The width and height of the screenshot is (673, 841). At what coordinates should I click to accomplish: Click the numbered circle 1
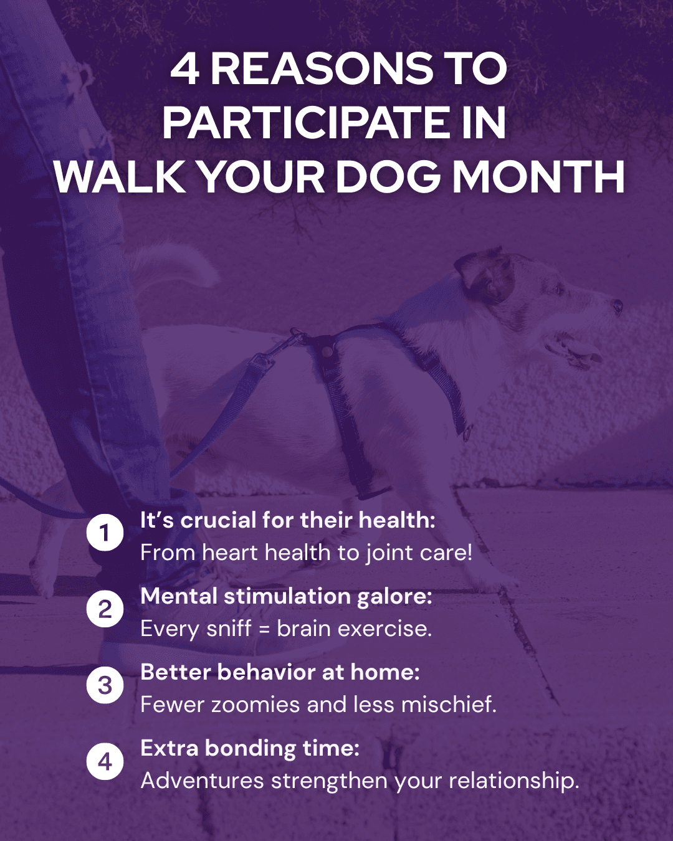(x=105, y=533)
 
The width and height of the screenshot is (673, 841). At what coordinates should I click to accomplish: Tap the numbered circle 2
(x=105, y=609)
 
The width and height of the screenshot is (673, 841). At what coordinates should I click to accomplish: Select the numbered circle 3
(x=105, y=685)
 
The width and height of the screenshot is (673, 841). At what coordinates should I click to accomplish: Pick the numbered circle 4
(x=105, y=761)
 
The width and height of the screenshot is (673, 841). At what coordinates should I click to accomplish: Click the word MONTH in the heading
(x=538, y=178)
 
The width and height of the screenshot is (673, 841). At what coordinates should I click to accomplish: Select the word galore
(x=394, y=597)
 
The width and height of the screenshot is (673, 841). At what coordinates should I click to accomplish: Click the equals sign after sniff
(x=264, y=629)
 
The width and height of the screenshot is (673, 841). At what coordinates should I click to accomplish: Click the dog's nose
(x=617, y=306)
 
